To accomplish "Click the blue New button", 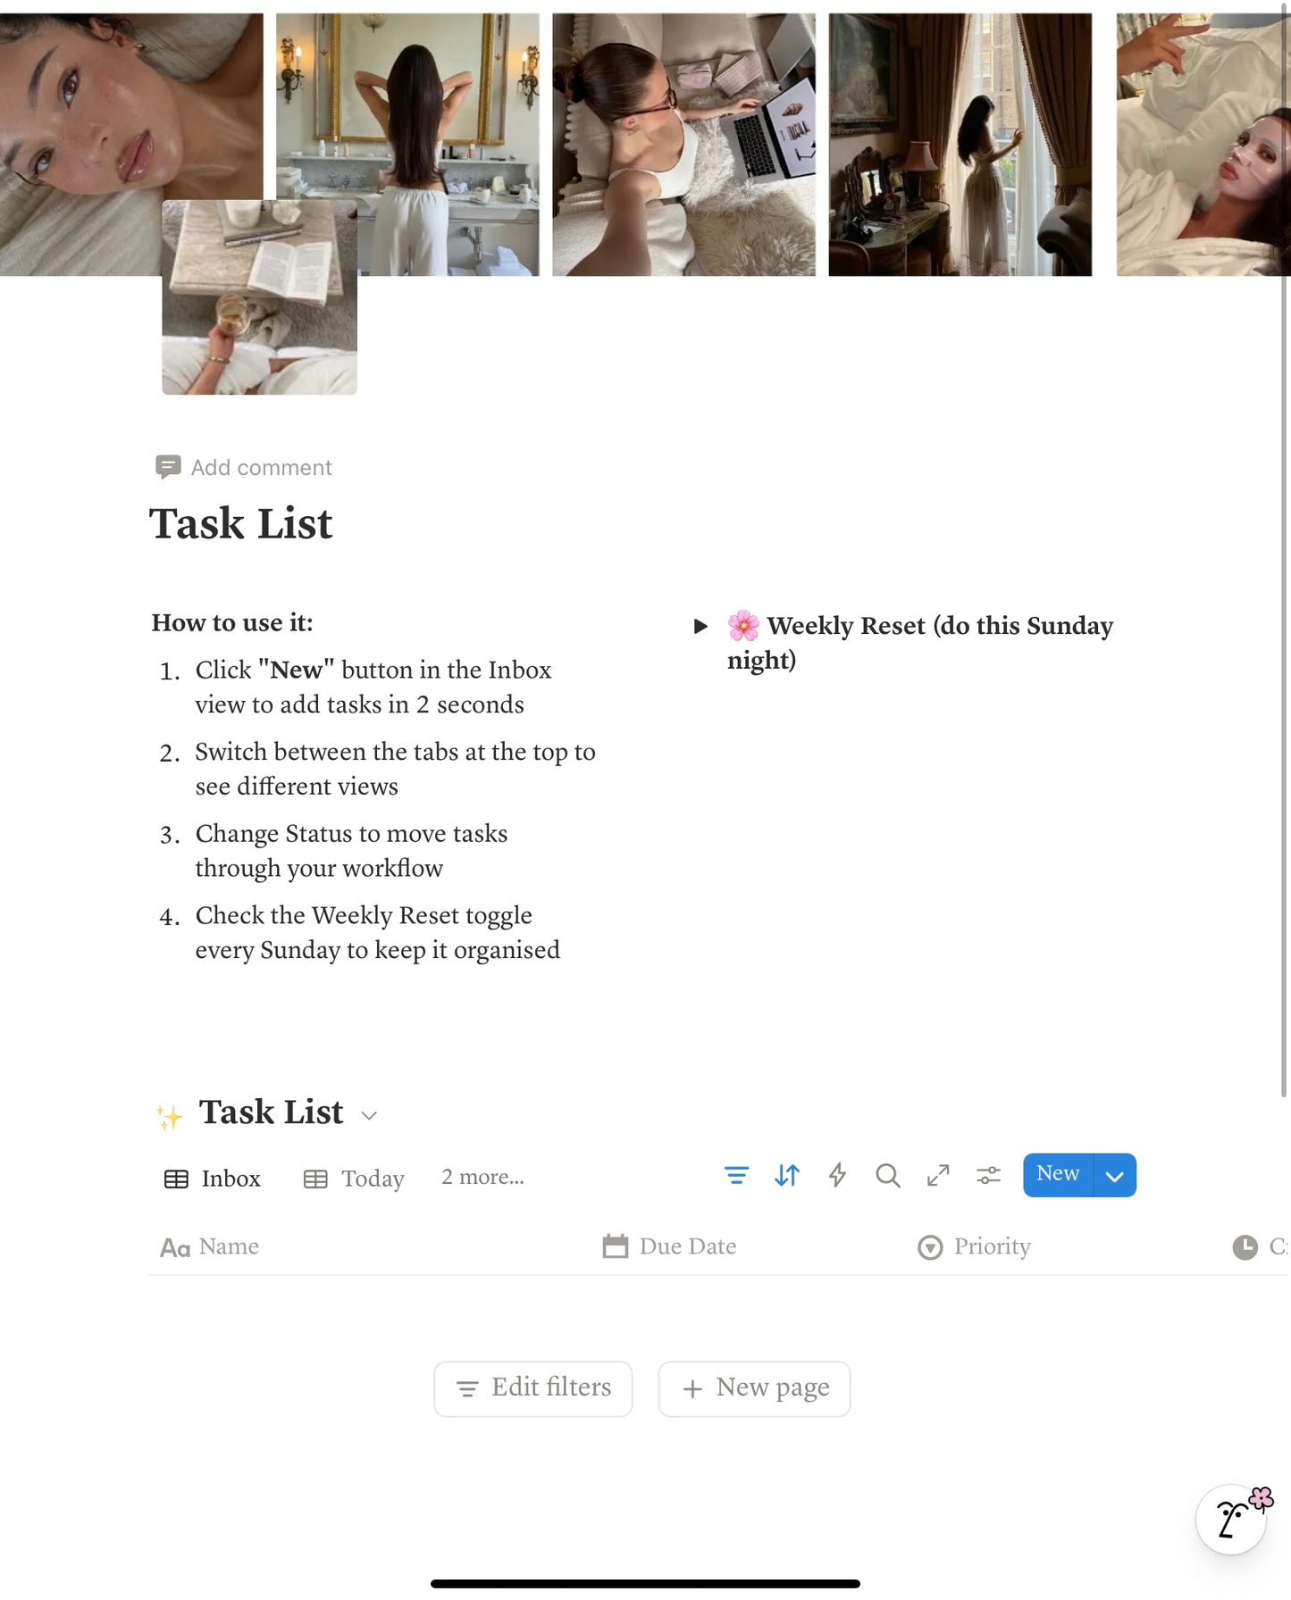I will [x=1058, y=1174].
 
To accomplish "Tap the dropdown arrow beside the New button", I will [x=1114, y=1176].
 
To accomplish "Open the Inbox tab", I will [x=213, y=1179].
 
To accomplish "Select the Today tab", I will [x=354, y=1179].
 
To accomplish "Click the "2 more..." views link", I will [x=482, y=1177].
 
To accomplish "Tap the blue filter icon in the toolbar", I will [x=736, y=1175].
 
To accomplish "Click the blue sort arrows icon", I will [x=787, y=1175].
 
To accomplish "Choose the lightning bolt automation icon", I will [x=837, y=1175].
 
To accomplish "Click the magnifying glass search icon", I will [x=887, y=1175].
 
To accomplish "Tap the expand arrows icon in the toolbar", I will [x=938, y=1175].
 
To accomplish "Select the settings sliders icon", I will [x=988, y=1175].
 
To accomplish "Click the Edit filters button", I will [x=533, y=1388].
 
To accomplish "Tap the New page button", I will [x=754, y=1388].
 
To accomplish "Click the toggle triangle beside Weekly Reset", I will [x=701, y=626].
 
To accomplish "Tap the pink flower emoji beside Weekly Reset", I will [x=743, y=626].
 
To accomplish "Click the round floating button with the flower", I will [x=1232, y=1519].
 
